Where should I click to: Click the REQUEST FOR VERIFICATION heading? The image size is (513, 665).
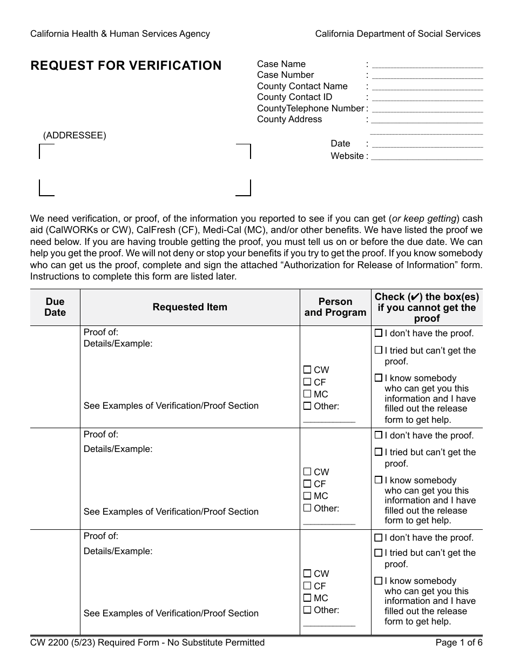pos(126,66)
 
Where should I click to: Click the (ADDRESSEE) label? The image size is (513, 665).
pos(75,136)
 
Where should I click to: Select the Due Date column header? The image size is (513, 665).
pos(55,307)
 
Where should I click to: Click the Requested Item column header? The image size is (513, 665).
pos(190,307)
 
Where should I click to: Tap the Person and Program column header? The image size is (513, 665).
pos(335,307)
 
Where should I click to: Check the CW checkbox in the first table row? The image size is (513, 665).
pos(307,370)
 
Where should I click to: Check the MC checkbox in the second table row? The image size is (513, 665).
pos(307,496)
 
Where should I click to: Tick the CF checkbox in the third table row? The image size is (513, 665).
pos(307,586)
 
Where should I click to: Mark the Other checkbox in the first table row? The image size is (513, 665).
pos(307,406)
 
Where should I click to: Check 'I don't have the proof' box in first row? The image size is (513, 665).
pos(379,333)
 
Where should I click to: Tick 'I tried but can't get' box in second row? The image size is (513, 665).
pos(379,452)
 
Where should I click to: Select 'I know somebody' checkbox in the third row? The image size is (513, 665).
pos(379,581)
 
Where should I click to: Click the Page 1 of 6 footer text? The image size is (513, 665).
pos(458,643)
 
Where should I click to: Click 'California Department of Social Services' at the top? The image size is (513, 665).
pos(397,34)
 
